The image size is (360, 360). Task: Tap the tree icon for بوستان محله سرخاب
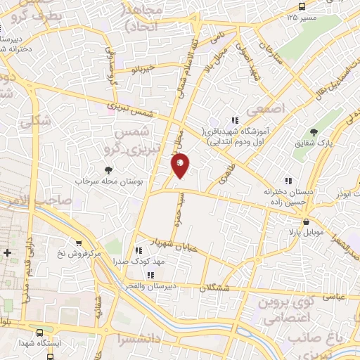tap(108, 169)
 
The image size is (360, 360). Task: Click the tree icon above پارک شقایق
tap(314, 132)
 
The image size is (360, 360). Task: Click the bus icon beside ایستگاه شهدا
tap(39, 332)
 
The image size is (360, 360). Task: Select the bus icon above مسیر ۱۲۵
tap(302, 6)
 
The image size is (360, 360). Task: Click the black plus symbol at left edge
tap(7, 252)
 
